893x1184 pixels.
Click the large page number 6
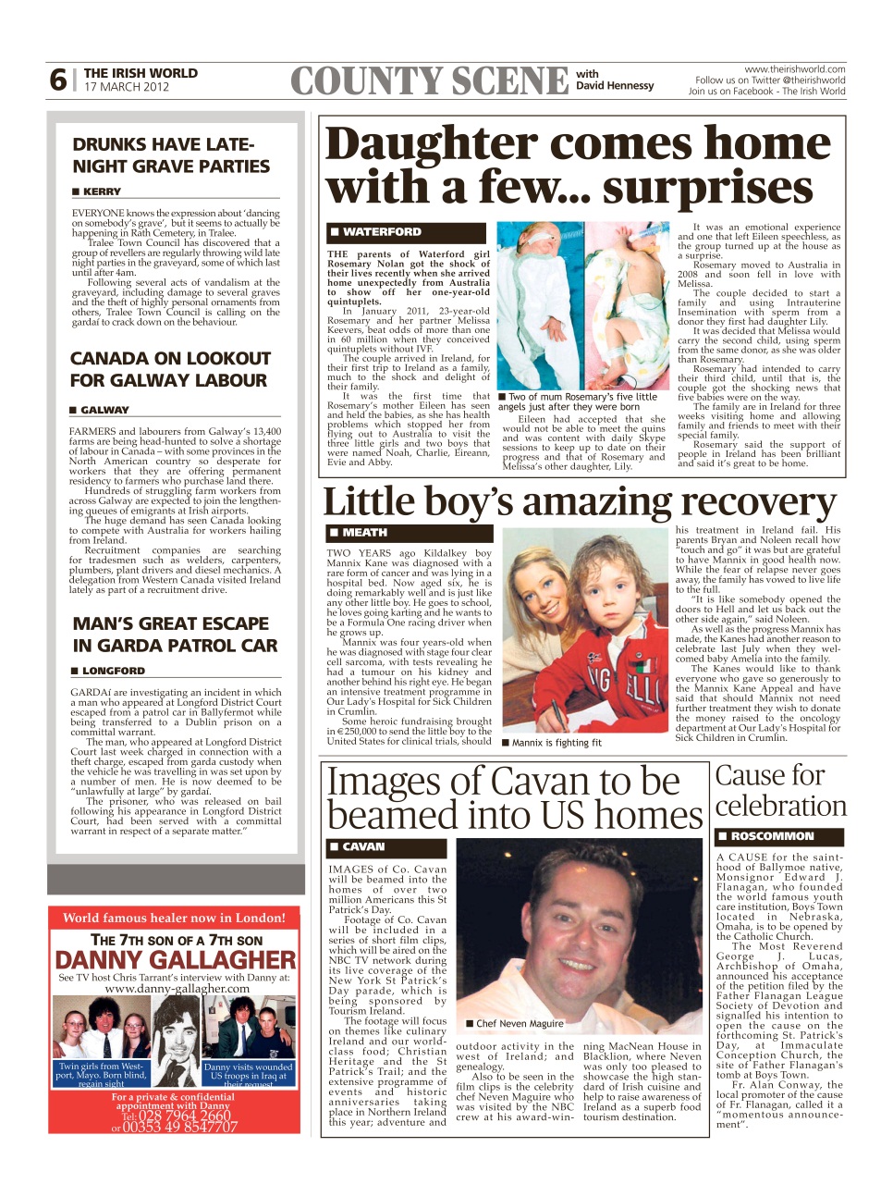(x=57, y=80)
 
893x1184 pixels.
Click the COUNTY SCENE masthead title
(x=429, y=81)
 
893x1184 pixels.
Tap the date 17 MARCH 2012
(x=127, y=87)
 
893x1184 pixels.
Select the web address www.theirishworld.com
(x=794, y=69)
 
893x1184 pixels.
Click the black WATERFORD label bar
(x=407, y=232)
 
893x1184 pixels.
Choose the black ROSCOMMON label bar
(x=779, y=836)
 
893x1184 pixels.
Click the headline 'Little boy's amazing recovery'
(x=580, y=502)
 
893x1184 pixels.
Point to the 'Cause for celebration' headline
(x=780, y=791)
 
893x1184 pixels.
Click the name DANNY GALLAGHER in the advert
(x=176, y=960)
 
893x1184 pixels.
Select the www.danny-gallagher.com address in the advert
(x=177, y=988)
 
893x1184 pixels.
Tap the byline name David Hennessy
(x=615, y=86)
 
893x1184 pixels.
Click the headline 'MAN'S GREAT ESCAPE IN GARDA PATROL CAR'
(x=174, y=635)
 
